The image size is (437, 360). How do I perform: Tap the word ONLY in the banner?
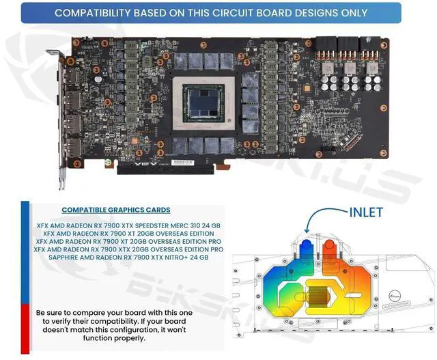click(352, 12)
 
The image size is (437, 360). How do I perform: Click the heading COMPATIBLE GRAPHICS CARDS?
click(116, 210)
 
